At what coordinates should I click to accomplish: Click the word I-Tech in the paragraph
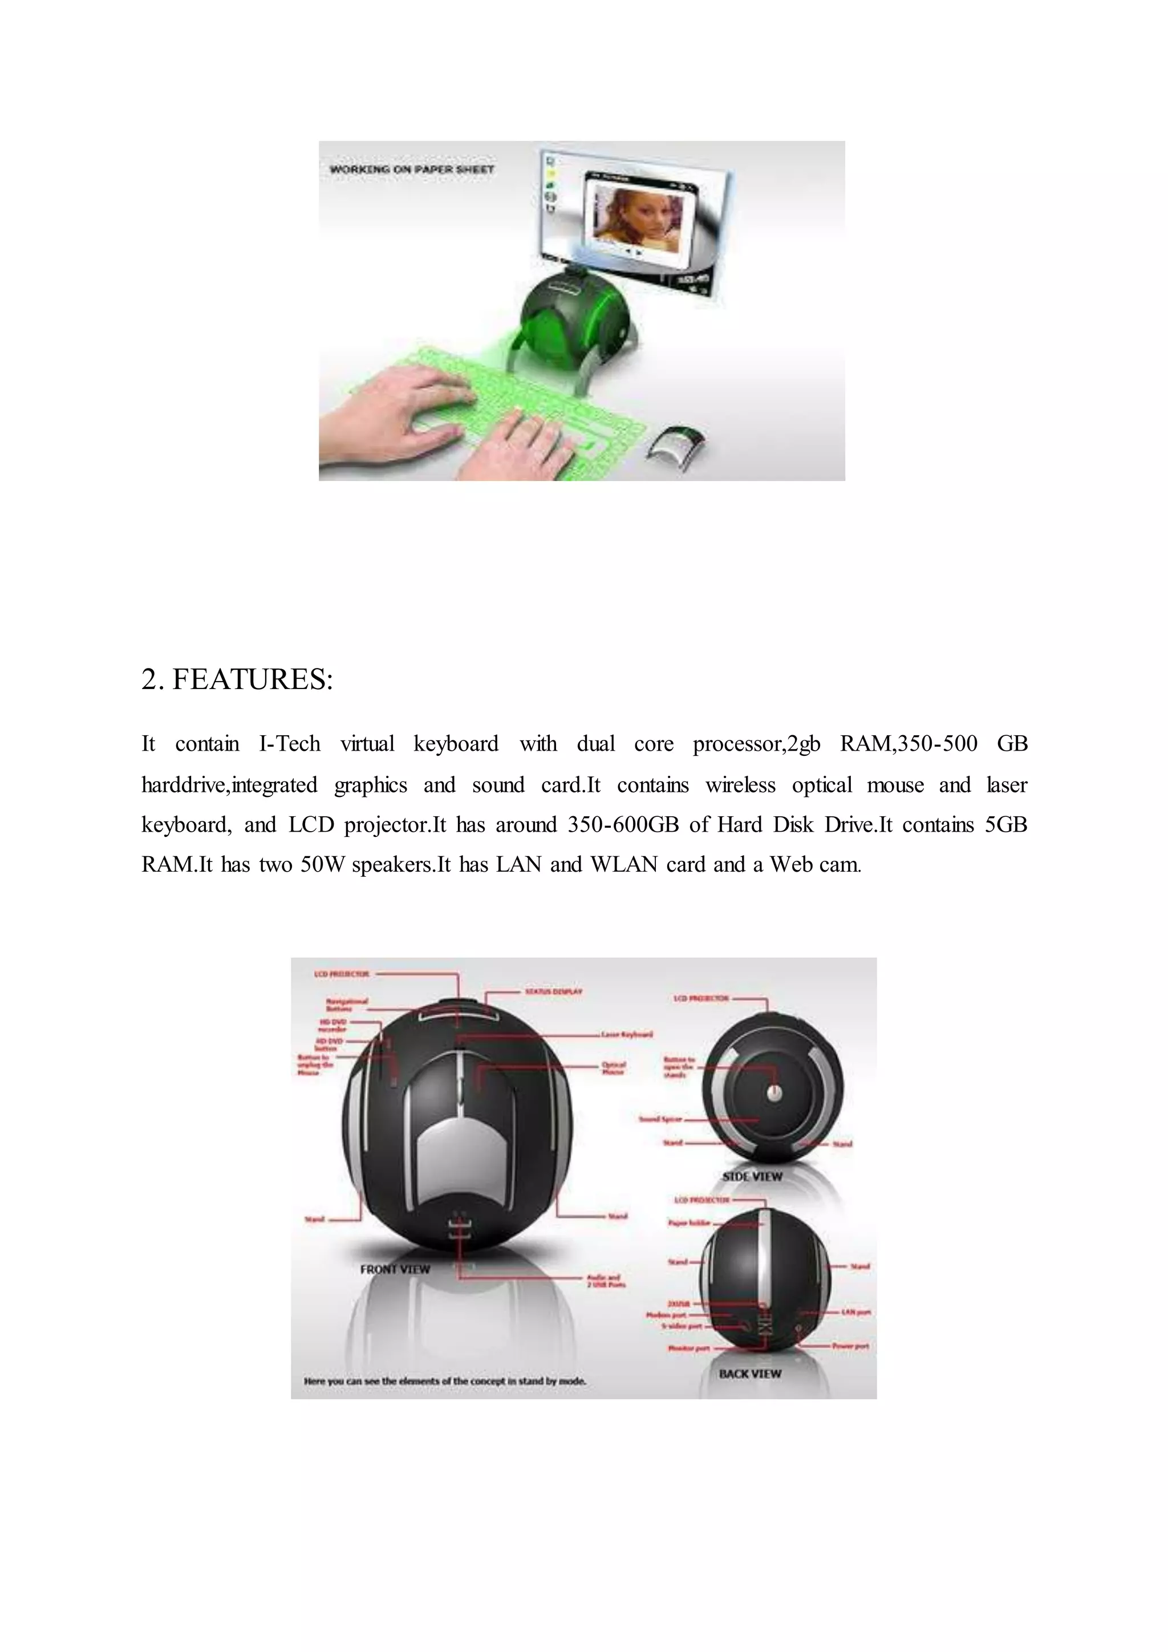click(289, 743)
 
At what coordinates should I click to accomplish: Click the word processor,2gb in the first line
click(756, 744)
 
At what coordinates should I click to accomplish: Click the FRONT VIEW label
click(395, 1269)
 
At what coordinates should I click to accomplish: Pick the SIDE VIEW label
click(752, 1176)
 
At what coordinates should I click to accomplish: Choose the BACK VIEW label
click(749, 1374)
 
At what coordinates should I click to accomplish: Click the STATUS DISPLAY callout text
click(553, 991)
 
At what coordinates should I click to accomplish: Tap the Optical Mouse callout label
click(614, 1068)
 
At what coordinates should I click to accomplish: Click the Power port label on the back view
click(851, 1346)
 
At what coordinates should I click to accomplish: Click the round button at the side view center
click(774, 1094)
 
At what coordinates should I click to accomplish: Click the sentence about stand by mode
click(444, 1380)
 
